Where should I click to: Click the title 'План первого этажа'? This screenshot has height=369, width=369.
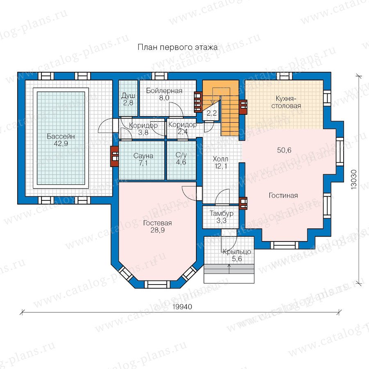tap(178, 48)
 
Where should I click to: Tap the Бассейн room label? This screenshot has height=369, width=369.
tap(61, 136)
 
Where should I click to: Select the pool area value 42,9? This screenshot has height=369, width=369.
tap(61, 143)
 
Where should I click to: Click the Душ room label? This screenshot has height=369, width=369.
tap(128, 96)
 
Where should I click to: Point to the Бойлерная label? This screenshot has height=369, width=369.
tap(164, 91)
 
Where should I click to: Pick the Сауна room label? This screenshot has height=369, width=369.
tap(143, 156)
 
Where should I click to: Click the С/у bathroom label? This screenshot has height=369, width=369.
tap(181, 155)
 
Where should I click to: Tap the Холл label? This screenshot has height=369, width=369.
tap(221, 159)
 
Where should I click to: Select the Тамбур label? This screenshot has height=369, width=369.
tap(221, 214)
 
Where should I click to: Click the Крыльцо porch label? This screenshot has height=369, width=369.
tap(237, 252)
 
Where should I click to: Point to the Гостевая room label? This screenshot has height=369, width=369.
tap(157, 223)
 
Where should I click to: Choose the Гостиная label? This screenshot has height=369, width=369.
tap(283, 196)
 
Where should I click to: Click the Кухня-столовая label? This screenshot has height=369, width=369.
tap(286, 102)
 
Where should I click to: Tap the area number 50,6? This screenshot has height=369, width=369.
tap(284, 150)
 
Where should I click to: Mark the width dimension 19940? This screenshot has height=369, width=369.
tap(182, 307)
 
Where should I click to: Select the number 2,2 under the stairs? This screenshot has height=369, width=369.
tap(212, 113)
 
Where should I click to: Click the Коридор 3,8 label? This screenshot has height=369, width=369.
tap(143, 129)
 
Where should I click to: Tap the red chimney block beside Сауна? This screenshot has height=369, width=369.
tap(115, 157)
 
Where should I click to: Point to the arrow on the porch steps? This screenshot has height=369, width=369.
tap(229, 269)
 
